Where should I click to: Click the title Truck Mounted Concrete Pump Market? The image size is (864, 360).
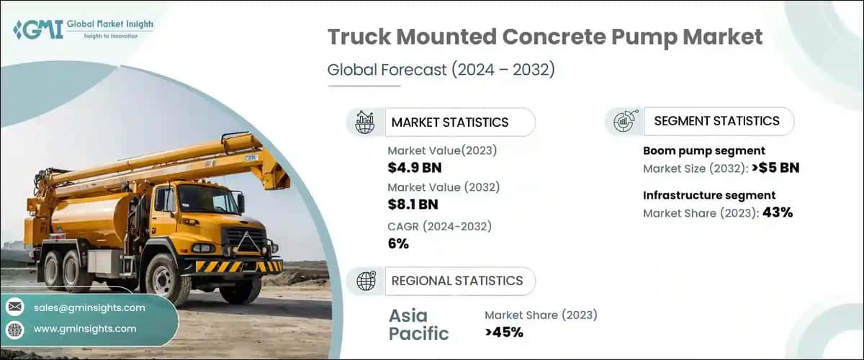click(545, 38)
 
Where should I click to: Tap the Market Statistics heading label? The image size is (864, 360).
click(449, 122)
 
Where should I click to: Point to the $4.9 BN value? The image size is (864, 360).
click(414, 168)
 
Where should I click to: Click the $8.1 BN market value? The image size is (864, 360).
click(413, 204)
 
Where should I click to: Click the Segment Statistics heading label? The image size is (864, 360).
click(716, 121)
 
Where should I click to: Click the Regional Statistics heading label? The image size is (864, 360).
click(456, 281)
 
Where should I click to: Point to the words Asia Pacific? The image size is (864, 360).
click(418, 325)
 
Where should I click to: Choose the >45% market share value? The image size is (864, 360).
click(504, 332)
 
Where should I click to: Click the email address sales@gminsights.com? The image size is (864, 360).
click(89, 307)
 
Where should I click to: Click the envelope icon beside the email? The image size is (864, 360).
click(15, 307)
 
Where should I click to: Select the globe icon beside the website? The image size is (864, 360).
click(15, 329)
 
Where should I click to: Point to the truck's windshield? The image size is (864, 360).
click(200, 198)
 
